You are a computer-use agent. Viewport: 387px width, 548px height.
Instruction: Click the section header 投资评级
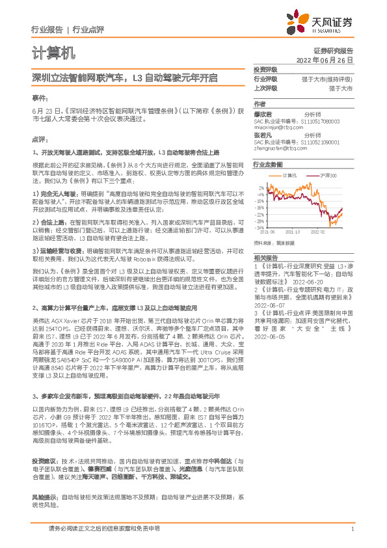point(265,69)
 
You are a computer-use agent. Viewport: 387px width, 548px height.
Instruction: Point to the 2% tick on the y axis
point(261,187)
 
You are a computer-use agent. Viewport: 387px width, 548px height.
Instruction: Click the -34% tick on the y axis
point(260,228)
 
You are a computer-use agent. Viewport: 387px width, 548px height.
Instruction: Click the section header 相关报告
point(265,258)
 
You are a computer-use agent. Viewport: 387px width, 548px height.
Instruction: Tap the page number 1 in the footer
point(351,529)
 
